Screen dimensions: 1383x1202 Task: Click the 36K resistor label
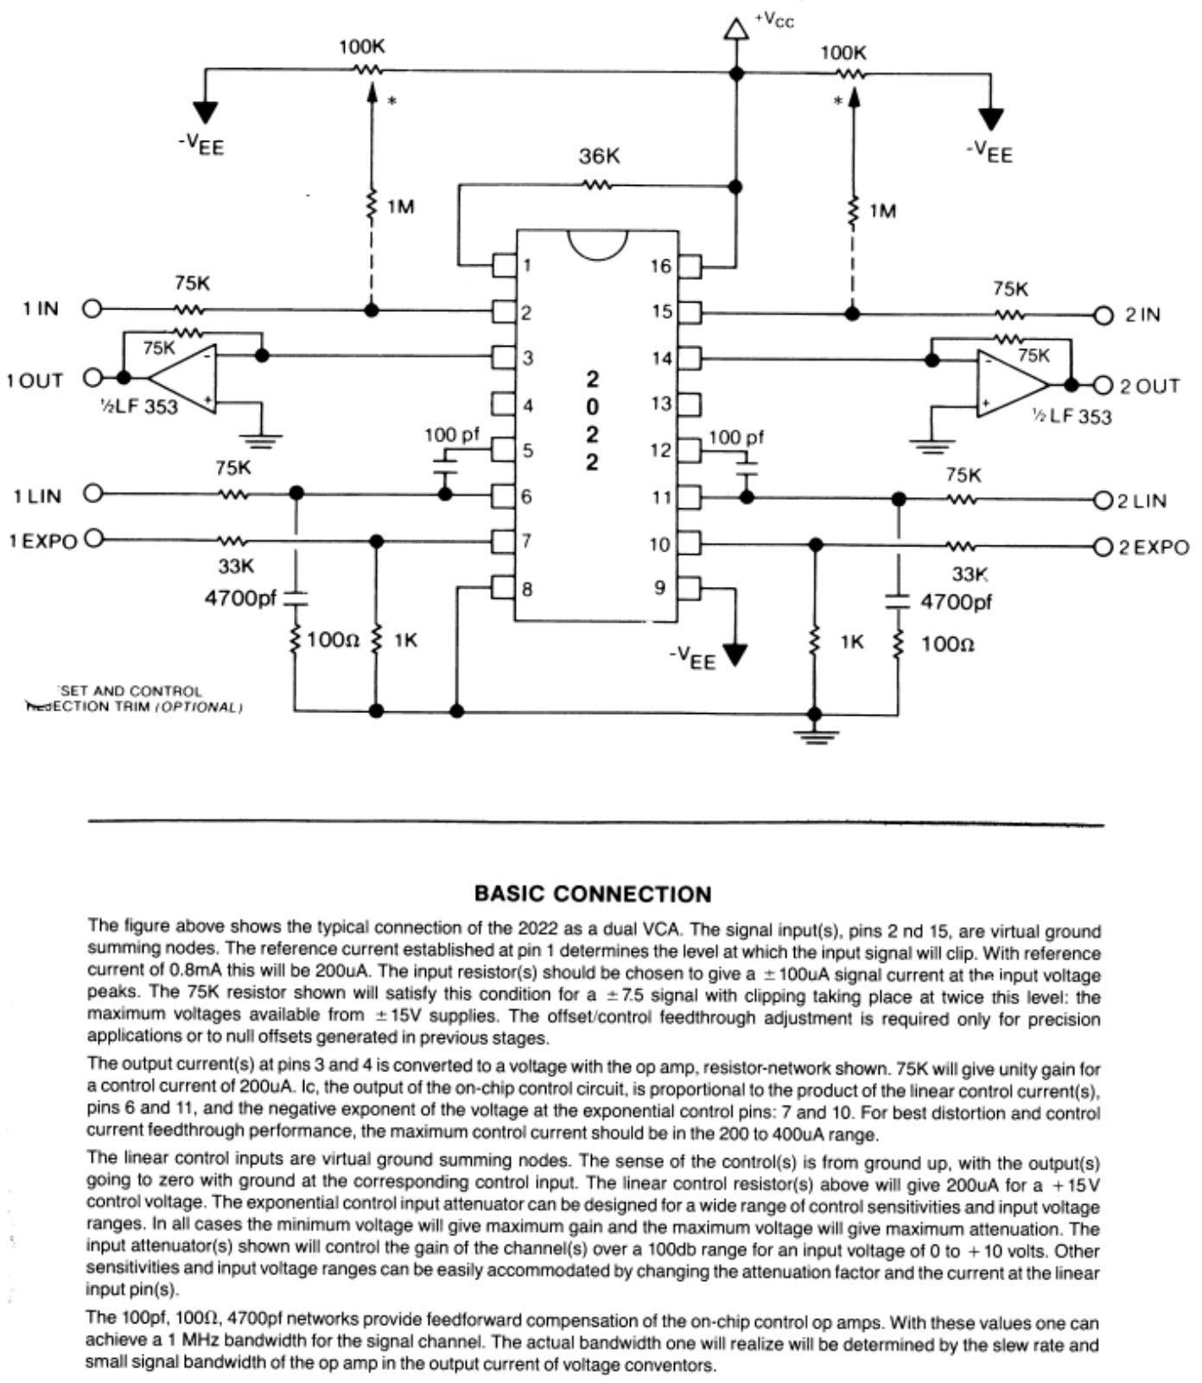[599, 156]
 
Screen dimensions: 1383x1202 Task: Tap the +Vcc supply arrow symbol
[735, 29]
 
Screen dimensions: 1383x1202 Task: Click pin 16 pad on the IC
[689, 265]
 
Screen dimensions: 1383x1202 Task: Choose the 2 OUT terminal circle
[1103, 386]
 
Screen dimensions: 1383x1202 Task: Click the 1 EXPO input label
[42, 542]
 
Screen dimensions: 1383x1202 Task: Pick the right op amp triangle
[1011, 383]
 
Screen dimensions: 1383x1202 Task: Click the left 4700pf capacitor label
[240, 598]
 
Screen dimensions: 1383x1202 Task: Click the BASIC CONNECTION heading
[593, 894]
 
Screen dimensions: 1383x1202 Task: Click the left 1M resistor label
[400, 207]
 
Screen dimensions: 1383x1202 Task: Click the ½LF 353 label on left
[138, 406]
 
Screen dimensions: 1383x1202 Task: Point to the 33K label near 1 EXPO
[236, 566]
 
